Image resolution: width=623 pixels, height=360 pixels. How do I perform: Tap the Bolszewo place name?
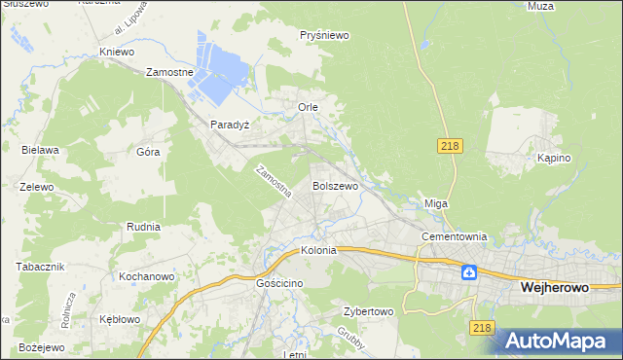335,185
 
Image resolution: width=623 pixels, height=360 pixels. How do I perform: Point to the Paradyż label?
231,126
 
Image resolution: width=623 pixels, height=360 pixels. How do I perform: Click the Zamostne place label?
170,72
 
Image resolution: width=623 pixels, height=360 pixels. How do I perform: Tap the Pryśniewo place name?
324,35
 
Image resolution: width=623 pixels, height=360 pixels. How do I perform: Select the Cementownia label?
453,236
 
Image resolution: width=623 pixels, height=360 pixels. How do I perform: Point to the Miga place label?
434,203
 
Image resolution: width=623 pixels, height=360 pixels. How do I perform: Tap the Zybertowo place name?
367,312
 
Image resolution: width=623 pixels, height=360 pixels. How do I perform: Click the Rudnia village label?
143,226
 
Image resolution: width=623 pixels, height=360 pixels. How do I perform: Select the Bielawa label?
41,150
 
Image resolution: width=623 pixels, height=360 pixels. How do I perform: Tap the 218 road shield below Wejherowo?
481,329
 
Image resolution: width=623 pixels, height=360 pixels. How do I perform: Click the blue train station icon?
469,272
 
